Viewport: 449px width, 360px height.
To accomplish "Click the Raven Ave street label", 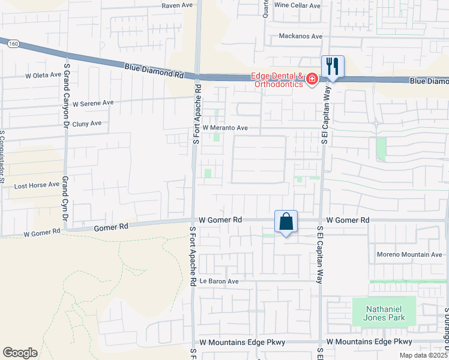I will pyautogui.click(x=178, y=5).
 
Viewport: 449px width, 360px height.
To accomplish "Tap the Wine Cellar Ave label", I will pyautogui.click(x=297, y=5).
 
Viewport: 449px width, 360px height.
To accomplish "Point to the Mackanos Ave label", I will pyautogui.click(x=301, y=37).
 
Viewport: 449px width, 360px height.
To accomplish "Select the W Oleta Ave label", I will pyautogui.click(x=43, y=76).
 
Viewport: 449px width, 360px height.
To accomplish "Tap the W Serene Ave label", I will pyautogui.click(x=92, y=103).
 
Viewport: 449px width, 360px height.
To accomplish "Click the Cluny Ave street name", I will pyautogui.click(x=87, y=124).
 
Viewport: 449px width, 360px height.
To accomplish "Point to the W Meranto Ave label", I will pyautogui.click(x=225, y=128).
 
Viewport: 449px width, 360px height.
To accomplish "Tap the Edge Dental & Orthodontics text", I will pyautogui.click(x=277, y=80).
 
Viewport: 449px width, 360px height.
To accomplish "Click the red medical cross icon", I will pyautogui.click(x=312, y=79).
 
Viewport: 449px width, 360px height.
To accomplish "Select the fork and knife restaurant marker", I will pyautogui.click(x=333, y=66).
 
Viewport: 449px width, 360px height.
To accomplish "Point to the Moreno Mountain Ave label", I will pyautogui.click(x=409, y=254).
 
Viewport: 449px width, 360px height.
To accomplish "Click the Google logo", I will pyautogui.click(x=20, y=353).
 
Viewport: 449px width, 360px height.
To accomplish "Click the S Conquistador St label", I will pyautogui.click(x=2, y=157).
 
